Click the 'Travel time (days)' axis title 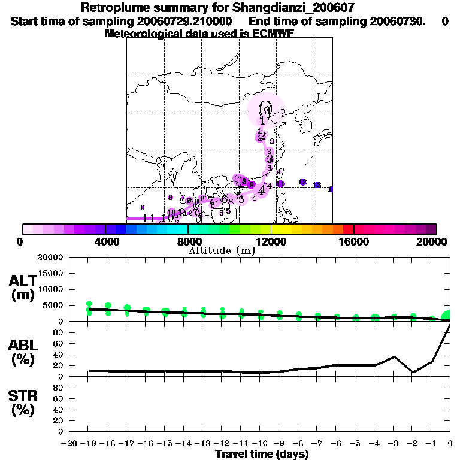pyautogui.click(x=262, y=455)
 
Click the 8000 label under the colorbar pyautogui.click(x=188, y=242)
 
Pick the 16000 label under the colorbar pyautogui.click(x=353, y=242)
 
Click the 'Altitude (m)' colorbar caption pyautogui.click(x=222, y=251)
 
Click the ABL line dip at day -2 pyautogui.click(x=413, y=372)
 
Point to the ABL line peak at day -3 pyautogui.click(x=394, y=357)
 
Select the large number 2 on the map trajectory pyautogui.click(x=262, y=135)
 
